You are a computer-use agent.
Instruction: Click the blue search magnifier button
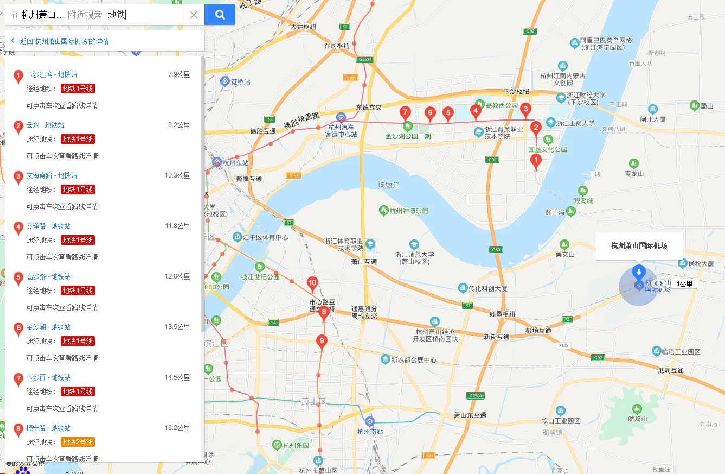[x=220, y=15]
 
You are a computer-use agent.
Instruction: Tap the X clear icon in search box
[x=194, y=15]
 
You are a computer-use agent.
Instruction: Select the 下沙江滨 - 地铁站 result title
[x=52, y=74]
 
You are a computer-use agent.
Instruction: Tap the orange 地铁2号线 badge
[x=78, y=442]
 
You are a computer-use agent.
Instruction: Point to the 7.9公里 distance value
[x=179, y=74]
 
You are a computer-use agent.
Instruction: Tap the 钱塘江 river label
[x=388, y=185]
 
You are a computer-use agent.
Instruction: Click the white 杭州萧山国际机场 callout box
[x=639, y=245]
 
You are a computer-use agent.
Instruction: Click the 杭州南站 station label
[x=370, y=432]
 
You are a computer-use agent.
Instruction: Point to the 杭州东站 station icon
[x=217, y=162]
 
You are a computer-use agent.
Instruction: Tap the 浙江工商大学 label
[x=576, y=123]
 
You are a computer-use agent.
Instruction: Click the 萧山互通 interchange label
[x=364, y=262]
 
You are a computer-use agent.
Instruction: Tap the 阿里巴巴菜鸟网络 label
[x=606, y=41]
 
